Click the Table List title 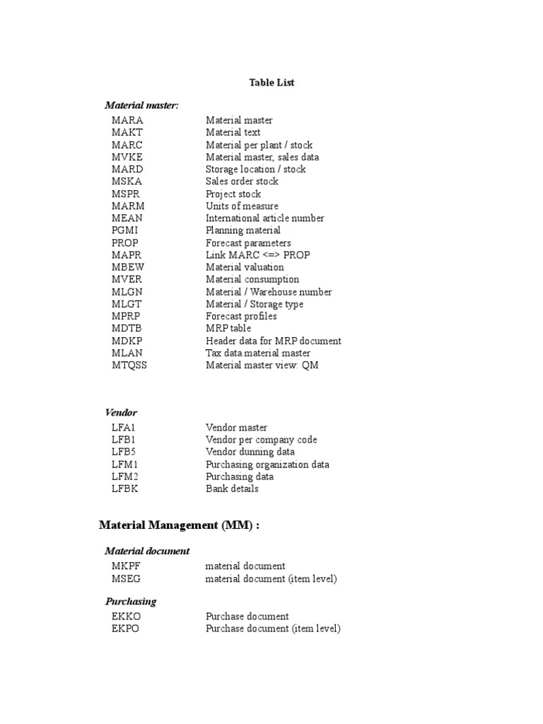[271, 83]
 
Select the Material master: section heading [141, 105]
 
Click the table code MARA [127, 121]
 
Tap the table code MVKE [127, 158]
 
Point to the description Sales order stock [242, 182]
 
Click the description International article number [264, 218]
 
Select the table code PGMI [126, 230]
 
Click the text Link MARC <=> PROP [257, 255]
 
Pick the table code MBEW [127, 267]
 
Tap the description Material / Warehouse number [269, 292]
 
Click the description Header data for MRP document [273, 341]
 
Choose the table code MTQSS [129, 366]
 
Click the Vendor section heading [121, 412]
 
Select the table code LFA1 [125, 428]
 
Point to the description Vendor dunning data [250, 452]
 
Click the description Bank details [232, 489]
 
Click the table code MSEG [126, 579]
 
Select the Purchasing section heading [131, 602]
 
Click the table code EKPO [125, 629]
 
